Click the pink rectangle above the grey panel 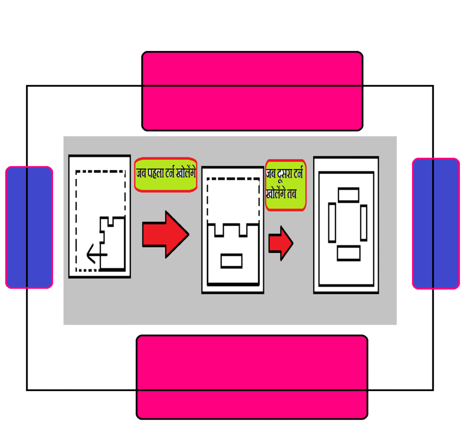252,91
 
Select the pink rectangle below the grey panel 252,377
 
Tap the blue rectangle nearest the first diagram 29,227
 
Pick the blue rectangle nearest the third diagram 436,223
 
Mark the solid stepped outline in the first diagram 113,243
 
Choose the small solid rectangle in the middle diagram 231,260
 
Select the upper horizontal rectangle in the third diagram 348,194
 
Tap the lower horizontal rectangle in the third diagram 348,253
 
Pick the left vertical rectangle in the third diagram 332,222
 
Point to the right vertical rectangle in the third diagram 364,223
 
